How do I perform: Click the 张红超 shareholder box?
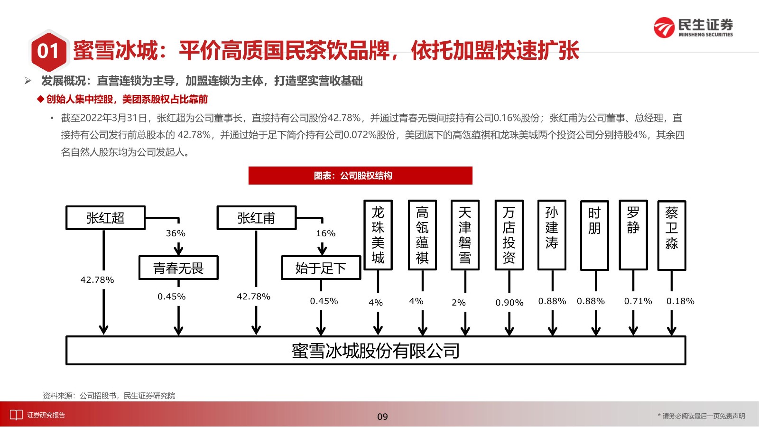105,218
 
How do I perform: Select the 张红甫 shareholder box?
257,218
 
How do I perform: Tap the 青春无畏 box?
178,268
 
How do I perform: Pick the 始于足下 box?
321,268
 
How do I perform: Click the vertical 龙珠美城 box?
378,235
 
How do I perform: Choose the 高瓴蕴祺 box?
422,235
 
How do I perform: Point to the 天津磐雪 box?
465,235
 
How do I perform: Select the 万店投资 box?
509,235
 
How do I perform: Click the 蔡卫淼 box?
672,235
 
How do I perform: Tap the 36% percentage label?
176,233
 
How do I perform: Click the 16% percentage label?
325,233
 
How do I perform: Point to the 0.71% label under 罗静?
638,301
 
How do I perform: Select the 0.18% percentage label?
680,301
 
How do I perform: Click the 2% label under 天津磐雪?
458,302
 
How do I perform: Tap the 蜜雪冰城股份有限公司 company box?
376,351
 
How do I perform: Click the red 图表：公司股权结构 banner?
360,176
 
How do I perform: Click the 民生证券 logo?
693,28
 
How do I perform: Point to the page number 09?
382,417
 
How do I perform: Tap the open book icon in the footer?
16,415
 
